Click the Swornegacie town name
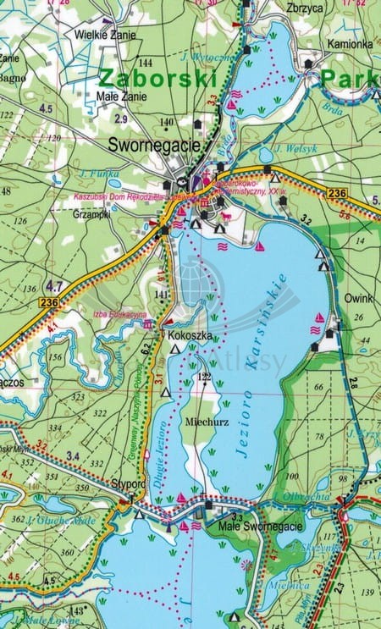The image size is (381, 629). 155,145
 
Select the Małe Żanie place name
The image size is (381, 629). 122,97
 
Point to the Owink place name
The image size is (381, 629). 359,298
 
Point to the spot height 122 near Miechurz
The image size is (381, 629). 203,377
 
